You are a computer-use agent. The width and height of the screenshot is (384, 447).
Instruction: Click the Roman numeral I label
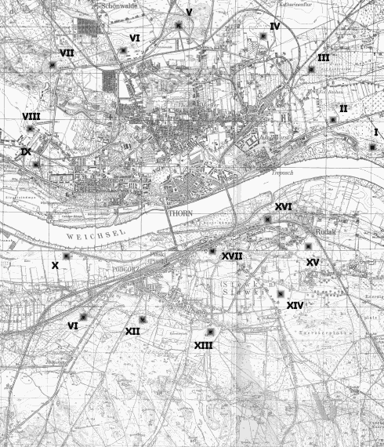click(x=376, y=132)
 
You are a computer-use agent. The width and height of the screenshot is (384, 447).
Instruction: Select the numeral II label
click(x=343, y=107)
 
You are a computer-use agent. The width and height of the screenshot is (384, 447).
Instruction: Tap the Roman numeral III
click(x=324, y=58)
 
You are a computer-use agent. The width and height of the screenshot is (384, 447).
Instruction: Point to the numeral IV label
click(x=274, y=26)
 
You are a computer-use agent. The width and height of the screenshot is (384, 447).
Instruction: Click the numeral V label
click(x=189, y=12)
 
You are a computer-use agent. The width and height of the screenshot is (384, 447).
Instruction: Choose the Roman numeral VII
click(x=67, y=53)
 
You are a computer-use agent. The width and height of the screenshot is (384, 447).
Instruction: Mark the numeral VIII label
click(x=31, y=116)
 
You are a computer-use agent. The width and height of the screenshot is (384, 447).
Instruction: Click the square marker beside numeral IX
click(x=36, y=164)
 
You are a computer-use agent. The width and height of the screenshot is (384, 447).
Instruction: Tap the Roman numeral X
click(x=55, y=266)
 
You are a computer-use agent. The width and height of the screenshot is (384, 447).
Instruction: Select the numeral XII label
click(x=132, y=332)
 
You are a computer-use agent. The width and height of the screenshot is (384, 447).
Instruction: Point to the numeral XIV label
click(x=295, y=304)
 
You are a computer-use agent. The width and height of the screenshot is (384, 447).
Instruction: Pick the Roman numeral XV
click(x=313, y=262)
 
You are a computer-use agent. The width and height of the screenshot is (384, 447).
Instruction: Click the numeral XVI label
click(x=284, y=206)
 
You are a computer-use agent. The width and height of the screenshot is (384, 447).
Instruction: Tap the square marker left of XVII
click(x=212, y=251)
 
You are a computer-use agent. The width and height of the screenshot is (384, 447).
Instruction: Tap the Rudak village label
click(x=303, y=231)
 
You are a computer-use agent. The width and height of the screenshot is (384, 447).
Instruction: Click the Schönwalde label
click(x=118, y=5)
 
